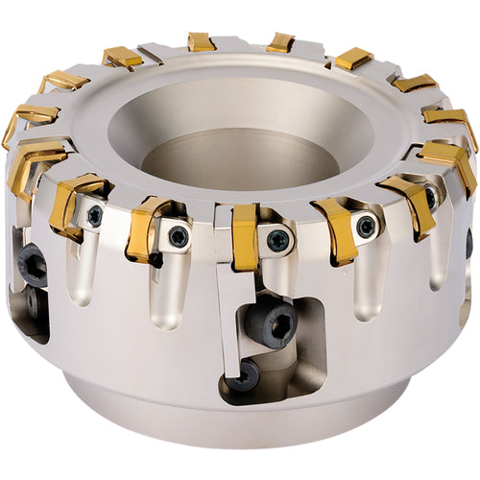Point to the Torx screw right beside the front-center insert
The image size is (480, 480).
[x=277, y=240]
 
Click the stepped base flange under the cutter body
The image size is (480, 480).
[x=240, y=422]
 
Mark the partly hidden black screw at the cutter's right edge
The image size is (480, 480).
[x=468, y=245]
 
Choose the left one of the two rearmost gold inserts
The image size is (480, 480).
[x=202, y=41]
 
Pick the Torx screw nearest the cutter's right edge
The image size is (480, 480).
[x=430, y=197]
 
